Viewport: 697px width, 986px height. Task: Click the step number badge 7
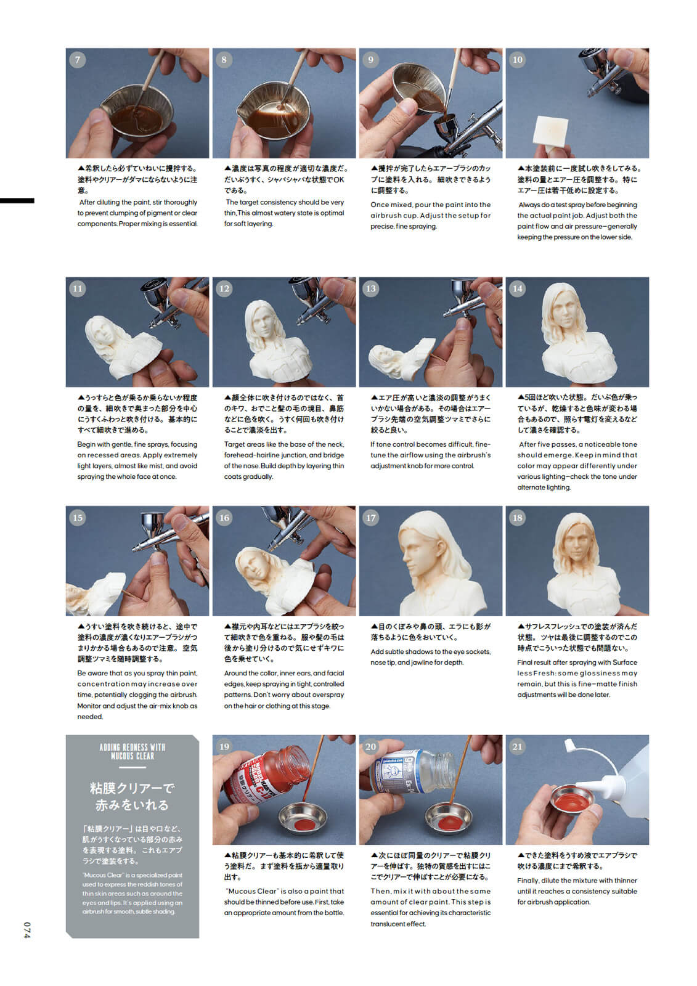click(x=78, y=60)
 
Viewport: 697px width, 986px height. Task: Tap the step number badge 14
click(x=517, y=288)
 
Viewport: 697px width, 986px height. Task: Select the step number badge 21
click(x=517, y=746)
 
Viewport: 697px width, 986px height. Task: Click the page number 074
click(x=26, y=930)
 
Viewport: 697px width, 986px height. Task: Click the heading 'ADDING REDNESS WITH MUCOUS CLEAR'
click(x=132, y=751)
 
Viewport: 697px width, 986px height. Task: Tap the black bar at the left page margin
click(x=17, y=200)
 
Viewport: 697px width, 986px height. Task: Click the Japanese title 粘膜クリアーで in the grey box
click(x=132, y=788)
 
